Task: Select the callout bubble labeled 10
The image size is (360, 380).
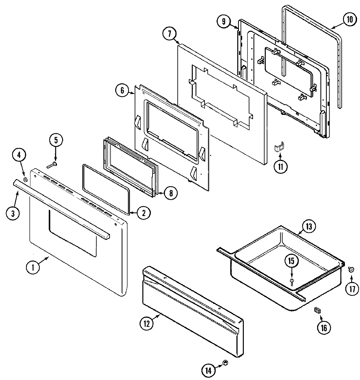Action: tap(350, 19)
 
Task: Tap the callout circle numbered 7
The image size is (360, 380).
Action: tap(170, 33)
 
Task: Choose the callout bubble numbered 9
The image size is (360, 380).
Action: tap(224, 22)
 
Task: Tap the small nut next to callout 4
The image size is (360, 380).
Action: tap(25, 180)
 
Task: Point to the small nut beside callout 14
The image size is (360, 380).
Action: tap(225, 363)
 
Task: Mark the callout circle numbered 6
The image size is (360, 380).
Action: tap(122, 90)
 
